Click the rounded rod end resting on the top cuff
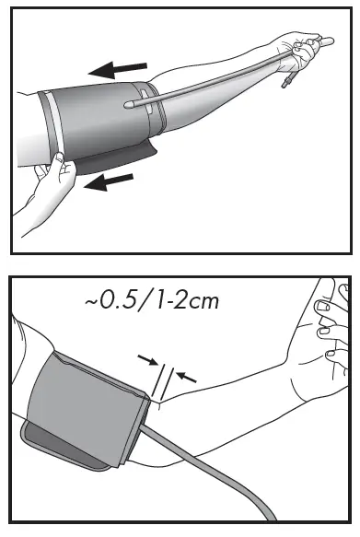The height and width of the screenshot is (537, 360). [129, 104]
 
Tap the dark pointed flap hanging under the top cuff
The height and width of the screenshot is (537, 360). [129, 162]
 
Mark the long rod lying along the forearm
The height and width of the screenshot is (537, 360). [221, 74]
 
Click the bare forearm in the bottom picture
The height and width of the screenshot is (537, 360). [230, 387]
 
